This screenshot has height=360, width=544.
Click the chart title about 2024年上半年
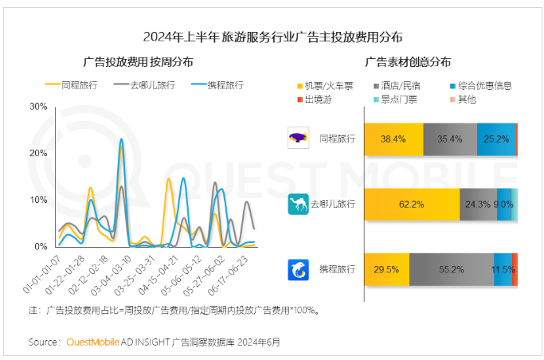click(272, 37)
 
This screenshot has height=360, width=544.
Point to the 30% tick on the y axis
click(37, 106)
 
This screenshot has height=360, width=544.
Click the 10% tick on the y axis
click(37, 200)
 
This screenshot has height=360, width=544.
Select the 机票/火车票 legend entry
click(328, 85)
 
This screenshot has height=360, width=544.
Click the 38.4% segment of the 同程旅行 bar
click(393, 139)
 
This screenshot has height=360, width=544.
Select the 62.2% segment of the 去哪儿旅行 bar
click(412, 205)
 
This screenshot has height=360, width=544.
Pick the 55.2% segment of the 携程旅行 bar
click(452, 270)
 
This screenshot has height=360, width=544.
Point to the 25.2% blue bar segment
click(496, 139)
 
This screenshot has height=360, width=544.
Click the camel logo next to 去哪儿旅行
click(298, 205)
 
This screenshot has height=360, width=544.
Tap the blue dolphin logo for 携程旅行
click(298, 270)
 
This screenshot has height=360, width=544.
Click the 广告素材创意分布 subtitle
click(408, 61)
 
